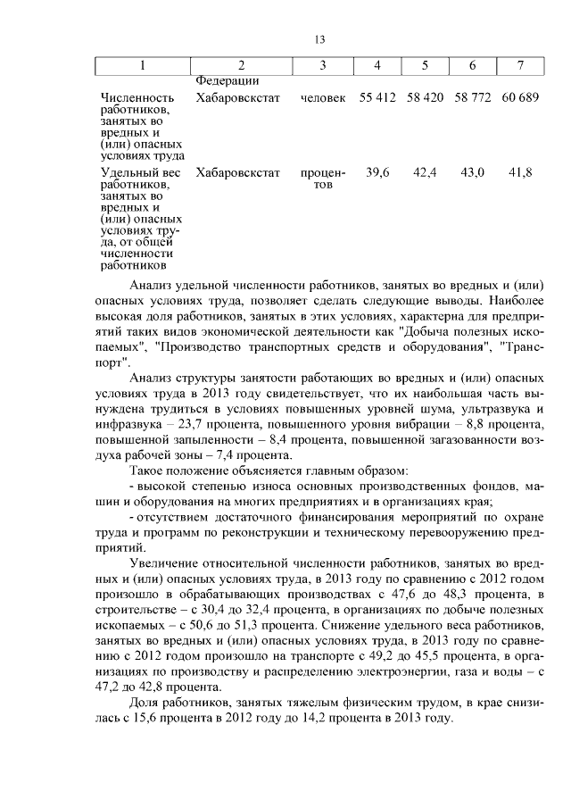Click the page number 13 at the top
[320, 38]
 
